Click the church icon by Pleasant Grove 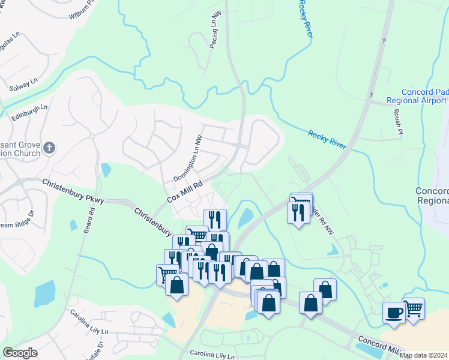[50, 147]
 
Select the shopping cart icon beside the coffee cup [413, 310]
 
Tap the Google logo [20, 352]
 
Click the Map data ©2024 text [424, 355]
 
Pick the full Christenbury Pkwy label [73, 191]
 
